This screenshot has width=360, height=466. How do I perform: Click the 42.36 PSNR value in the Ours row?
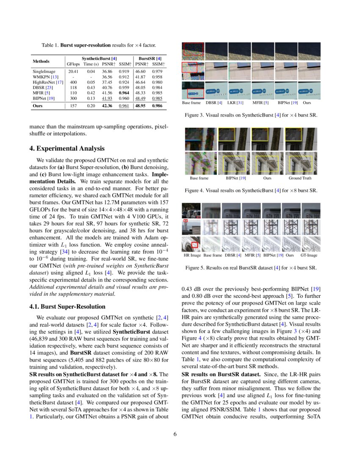click(107, 106)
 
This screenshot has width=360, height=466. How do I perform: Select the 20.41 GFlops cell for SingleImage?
click(73, 72)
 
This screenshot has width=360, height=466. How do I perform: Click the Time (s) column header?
click(91, 64)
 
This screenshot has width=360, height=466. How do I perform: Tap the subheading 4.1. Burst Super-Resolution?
click(67, 306)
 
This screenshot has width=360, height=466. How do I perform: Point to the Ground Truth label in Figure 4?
click(300, 178)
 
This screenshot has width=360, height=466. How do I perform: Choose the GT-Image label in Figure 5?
click(309, 255)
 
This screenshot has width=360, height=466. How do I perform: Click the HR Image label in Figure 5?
click(192, 255)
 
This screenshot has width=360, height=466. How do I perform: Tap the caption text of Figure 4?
click(251, 191)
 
